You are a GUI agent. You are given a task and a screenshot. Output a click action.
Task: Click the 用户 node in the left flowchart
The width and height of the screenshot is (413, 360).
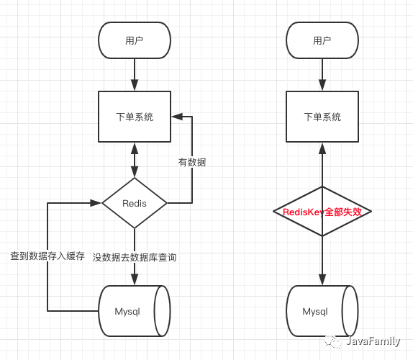pos(135,40)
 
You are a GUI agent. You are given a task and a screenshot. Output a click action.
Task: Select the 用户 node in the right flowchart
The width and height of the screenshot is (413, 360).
pos(322,40)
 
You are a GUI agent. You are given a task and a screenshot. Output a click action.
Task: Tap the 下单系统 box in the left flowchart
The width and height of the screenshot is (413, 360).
pos(135,117)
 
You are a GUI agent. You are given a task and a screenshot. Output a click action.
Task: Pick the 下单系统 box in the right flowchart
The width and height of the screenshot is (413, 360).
pos(322,117)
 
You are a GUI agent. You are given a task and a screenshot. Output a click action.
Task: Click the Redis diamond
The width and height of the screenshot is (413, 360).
pos(135,203)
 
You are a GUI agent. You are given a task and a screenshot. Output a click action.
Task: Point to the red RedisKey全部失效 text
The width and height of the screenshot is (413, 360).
pos(322,212)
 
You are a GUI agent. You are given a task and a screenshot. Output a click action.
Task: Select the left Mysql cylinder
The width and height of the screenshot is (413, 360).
pos(135,311)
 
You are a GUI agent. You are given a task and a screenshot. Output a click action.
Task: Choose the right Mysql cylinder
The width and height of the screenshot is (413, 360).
pos(322,311)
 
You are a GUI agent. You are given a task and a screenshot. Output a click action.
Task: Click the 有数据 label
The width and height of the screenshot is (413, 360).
pos(192,162)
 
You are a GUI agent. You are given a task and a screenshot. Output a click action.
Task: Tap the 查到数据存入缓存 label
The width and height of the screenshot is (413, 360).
pos(47,256)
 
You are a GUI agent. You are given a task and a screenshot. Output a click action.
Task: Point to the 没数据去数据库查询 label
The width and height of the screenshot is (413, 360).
pos(135,258)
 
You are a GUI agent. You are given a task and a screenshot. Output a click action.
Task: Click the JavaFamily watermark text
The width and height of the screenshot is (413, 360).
pos(373,341)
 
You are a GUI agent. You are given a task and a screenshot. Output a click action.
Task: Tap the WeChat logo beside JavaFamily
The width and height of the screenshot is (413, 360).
pos(333,341)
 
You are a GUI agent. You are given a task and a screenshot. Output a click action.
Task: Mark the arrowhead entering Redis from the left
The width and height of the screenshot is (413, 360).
pos(96,203)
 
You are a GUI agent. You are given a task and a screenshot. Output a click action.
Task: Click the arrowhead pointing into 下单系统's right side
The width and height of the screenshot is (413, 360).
pos(177,117)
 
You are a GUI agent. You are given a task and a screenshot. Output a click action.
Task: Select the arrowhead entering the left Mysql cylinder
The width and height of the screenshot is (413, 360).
pos(135,279)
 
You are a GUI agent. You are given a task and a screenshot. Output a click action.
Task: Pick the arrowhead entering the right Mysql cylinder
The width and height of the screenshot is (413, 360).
pos(322,279)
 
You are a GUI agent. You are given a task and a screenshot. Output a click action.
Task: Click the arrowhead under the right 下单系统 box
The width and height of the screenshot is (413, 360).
pos(322,148)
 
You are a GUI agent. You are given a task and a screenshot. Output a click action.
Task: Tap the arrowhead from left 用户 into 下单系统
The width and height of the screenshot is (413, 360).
pos(135,85)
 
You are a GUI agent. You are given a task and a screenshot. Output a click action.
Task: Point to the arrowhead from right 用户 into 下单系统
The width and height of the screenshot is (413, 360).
pos(322,85)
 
